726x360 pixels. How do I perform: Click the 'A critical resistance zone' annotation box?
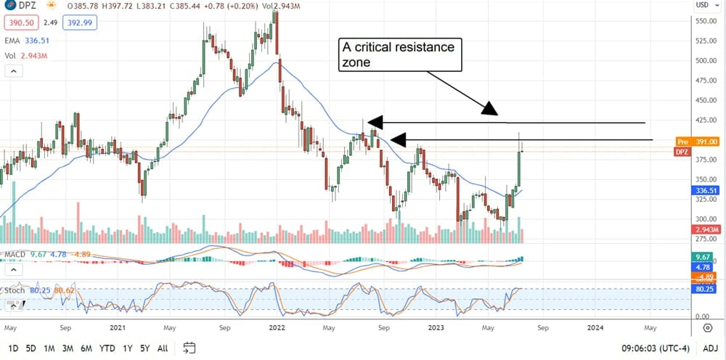[x=399, y=55]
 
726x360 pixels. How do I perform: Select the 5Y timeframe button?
[x=144, y=348]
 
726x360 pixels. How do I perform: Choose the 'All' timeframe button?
[x=163, y=348]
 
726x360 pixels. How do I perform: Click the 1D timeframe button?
[x=13, y=348]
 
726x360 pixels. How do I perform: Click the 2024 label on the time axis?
[x=595, y=327]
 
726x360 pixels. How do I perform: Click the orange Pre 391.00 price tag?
[x=700, y=142]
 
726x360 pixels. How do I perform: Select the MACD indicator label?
[x=15, y=255]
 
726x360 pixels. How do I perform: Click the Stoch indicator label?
[x=15, y=290]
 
